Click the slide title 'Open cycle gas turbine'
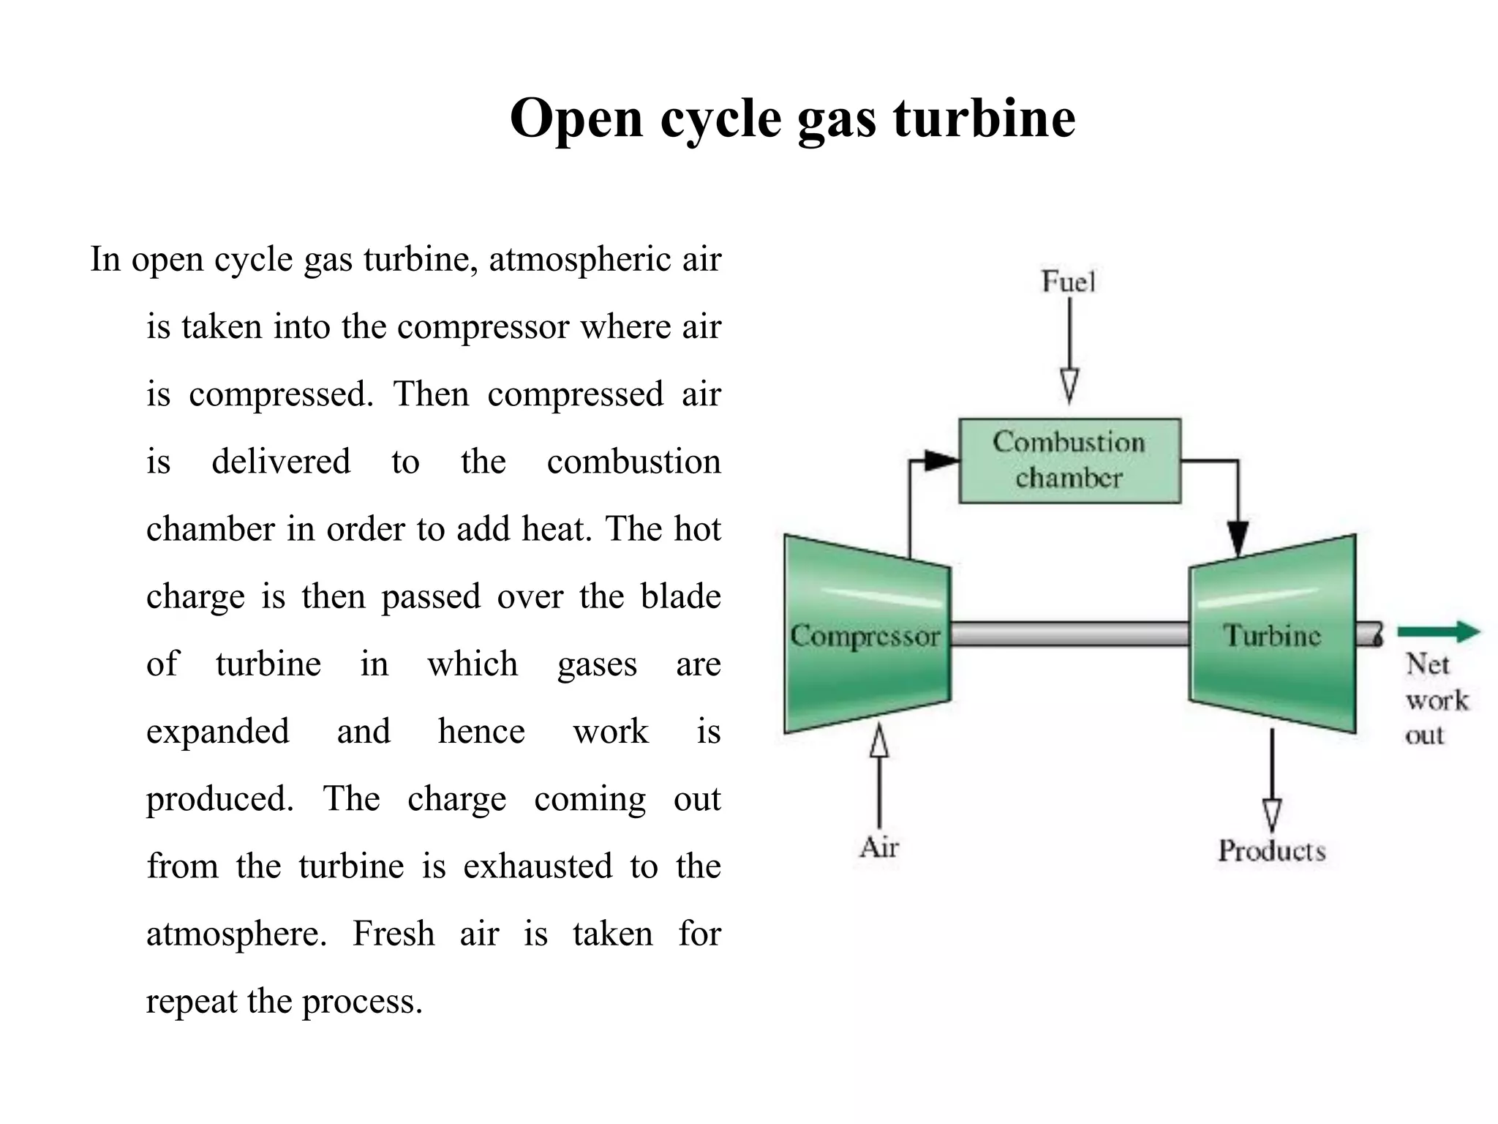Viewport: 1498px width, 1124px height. (x=792, y=118)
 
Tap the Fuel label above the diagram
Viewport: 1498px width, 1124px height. (x=1068, y=281)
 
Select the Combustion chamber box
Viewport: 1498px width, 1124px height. (x=1069, y=460)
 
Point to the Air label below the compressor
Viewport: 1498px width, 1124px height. (x=878, y=847)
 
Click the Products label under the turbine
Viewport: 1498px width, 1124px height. (x=1271, y=850)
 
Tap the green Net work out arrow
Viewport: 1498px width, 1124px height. (x=1438, y=632)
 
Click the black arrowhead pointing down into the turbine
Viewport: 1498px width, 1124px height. (x=1238, y=539)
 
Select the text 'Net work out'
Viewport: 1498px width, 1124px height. (x=1435, y=700)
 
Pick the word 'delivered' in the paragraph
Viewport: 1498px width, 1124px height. (x=281, y=462)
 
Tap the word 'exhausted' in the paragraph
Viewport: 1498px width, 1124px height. (x=538, y=866)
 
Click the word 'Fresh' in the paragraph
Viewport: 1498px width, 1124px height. (x=394, y=934)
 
